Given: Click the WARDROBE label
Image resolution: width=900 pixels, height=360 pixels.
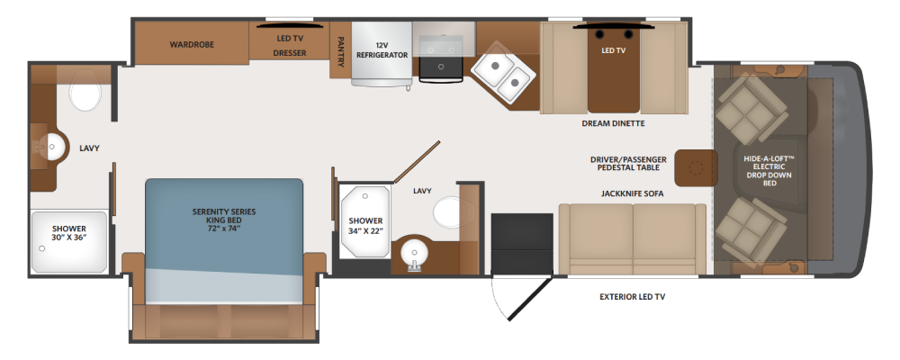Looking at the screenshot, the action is pos(192,44).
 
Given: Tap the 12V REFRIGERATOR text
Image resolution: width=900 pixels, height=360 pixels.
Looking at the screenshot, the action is pos(382,50).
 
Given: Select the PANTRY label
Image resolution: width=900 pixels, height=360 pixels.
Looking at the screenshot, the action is pos(340,52).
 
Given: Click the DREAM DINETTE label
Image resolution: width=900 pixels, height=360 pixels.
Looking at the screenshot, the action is pos(613,123).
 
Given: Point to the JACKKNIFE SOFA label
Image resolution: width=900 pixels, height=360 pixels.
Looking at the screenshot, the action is pos(632,194).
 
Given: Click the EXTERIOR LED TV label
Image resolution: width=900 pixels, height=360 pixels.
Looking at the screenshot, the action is pos(632,297).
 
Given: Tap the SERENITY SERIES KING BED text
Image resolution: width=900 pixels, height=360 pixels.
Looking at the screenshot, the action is pos(224,220).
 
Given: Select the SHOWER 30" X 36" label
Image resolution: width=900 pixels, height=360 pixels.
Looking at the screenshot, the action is pos(69,233).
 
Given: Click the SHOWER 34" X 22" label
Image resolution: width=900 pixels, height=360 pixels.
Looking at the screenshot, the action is pos(365,226).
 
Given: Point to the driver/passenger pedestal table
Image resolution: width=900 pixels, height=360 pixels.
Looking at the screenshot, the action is pos(696,167).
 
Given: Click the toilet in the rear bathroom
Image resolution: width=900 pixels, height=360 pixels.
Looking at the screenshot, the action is pos(85,91).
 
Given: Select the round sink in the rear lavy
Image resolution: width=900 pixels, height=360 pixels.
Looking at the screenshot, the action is pos(53,147).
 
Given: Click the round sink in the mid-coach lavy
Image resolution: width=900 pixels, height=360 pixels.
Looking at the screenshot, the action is pos(413,253).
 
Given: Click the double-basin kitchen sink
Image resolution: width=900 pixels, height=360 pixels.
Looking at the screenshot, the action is pos(503,72).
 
